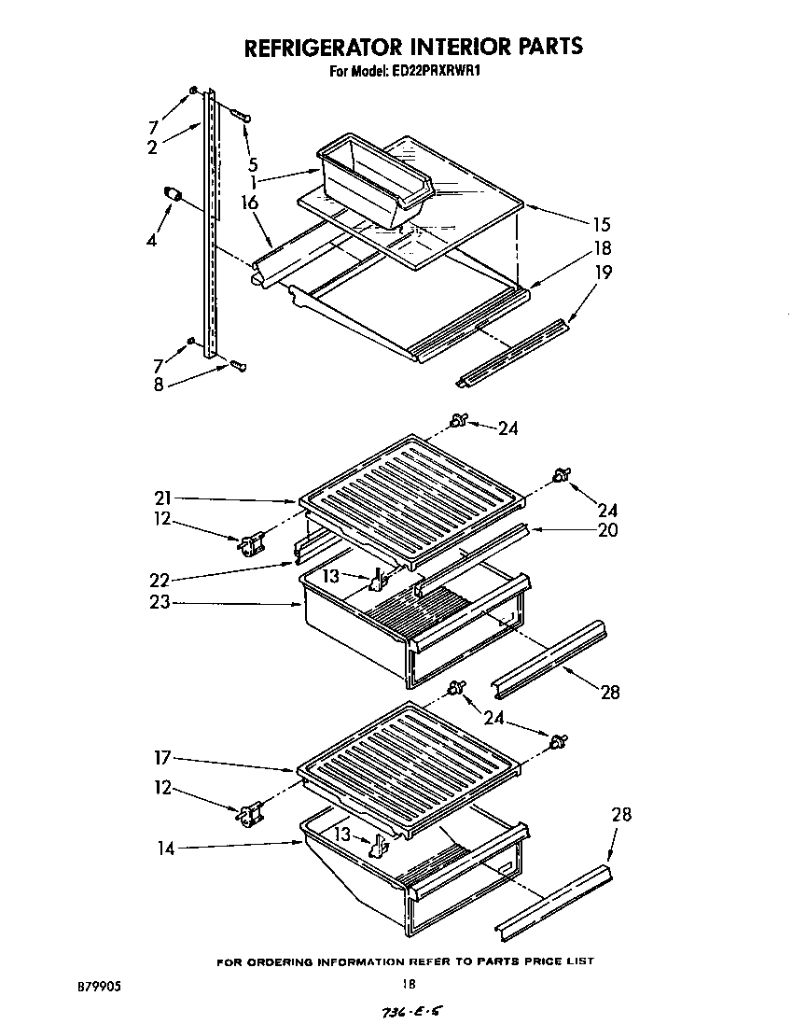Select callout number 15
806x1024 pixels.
pos(601,224)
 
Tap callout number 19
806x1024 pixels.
pos(604,273)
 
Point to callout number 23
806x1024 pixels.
pos(160,603)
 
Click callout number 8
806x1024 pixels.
pos(160,384)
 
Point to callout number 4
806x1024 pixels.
pos(152,239)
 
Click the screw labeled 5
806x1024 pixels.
pos(240,116)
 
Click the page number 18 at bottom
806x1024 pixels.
pos(408,983)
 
